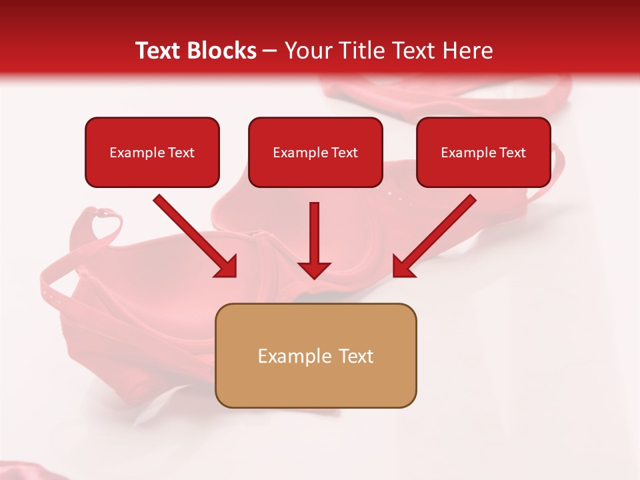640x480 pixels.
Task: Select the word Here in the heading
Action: click(x=467, y=51)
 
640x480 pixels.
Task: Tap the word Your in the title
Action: click(x=305, y=51)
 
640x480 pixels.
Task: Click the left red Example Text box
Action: click(x=152, y=153)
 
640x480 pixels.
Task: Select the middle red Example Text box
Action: click(x=315, y=153)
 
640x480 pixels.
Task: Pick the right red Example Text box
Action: click(x=483, y=153)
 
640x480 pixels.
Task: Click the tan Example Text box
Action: click(x=315, y=355)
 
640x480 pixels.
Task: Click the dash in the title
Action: click(x=270, y=51)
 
